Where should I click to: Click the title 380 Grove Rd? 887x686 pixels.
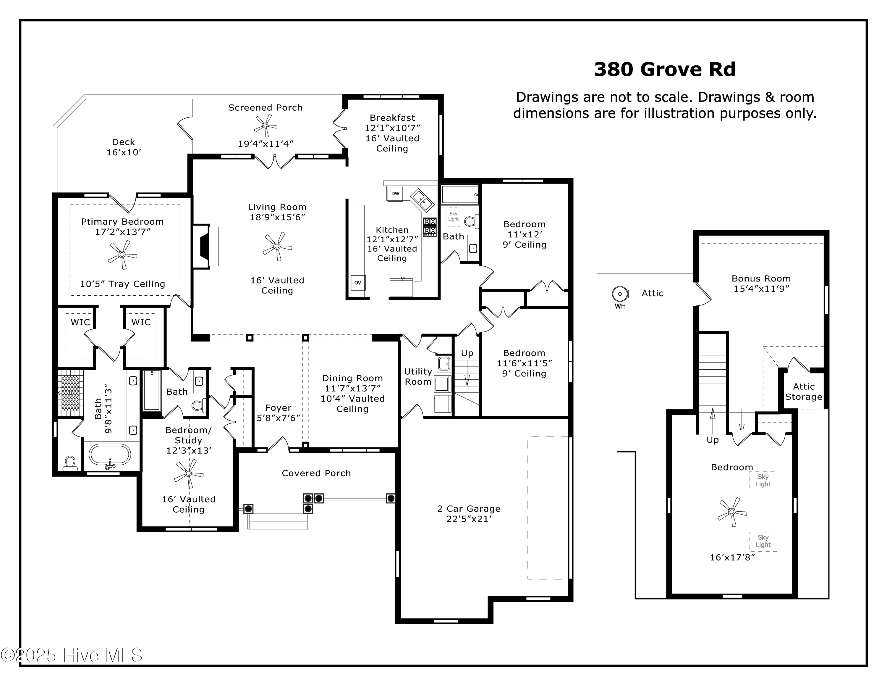pos(664,70)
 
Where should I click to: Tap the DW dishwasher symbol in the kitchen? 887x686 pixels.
pos(395,194)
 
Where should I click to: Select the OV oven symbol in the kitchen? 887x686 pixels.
pos(357,282)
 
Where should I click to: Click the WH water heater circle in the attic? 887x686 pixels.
pos(620,294)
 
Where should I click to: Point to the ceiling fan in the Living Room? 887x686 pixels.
pos(277,246)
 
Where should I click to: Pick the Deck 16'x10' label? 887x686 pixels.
pos(124,147)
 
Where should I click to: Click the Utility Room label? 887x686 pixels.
pos(418,377)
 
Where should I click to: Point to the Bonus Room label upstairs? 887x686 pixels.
pos(761,279)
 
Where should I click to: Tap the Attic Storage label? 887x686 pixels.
pos(803,392)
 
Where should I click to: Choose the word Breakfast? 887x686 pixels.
pos(392,118)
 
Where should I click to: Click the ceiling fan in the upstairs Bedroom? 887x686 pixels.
pos(732,512)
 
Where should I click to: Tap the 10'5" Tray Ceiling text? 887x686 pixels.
pos(122,284)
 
